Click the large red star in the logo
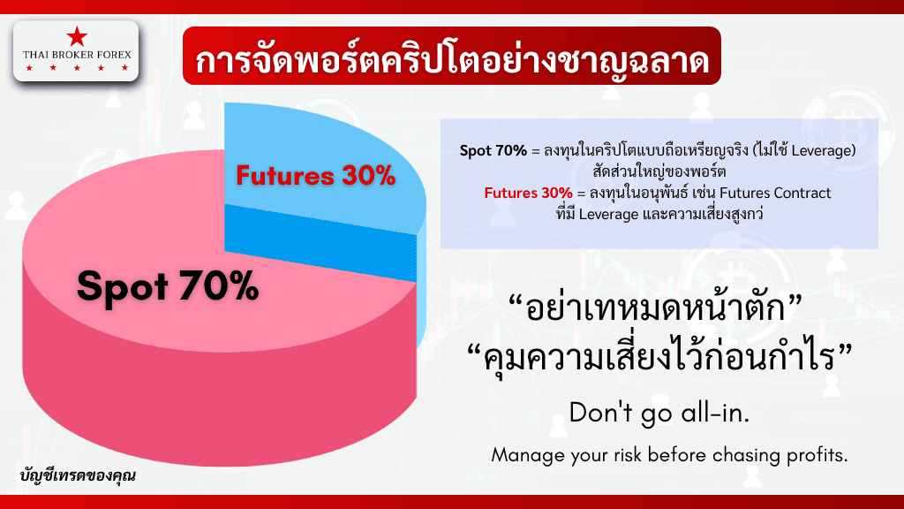click(77, 36)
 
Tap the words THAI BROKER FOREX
click(77, 55)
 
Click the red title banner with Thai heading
click(451, 56)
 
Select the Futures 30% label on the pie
click(315, 176)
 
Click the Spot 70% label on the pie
click(168, 286)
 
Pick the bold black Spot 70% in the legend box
click(493, 150)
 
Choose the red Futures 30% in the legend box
click(528, 193)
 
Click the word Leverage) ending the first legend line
click(824, 150)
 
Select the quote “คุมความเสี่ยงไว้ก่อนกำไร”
click(659, 355)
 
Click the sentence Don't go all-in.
click(659, 413)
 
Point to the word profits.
click(817, 455)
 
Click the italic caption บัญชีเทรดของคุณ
click(78, 475)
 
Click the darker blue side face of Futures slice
click(320, 242)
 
